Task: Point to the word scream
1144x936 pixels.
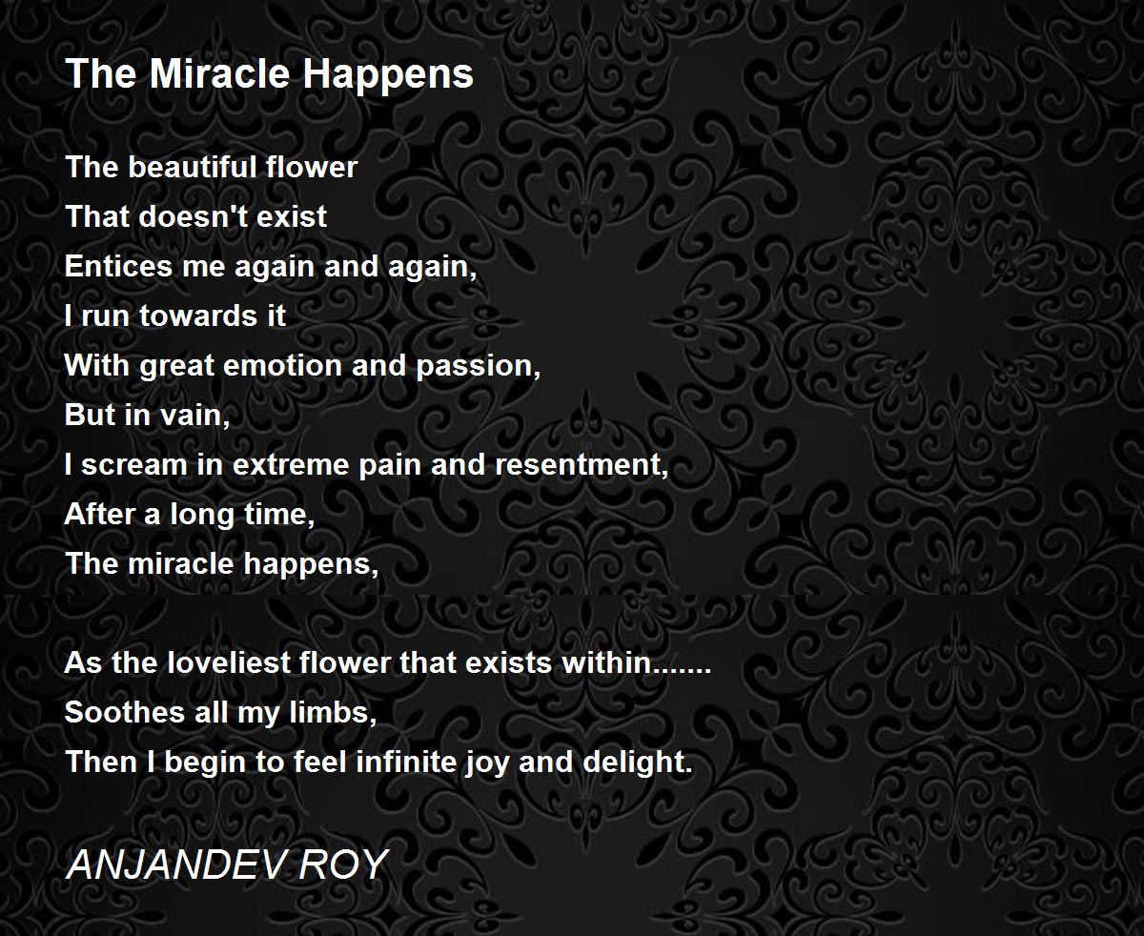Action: [x=133, y=465]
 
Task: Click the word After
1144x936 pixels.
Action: [x=99, y=515]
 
